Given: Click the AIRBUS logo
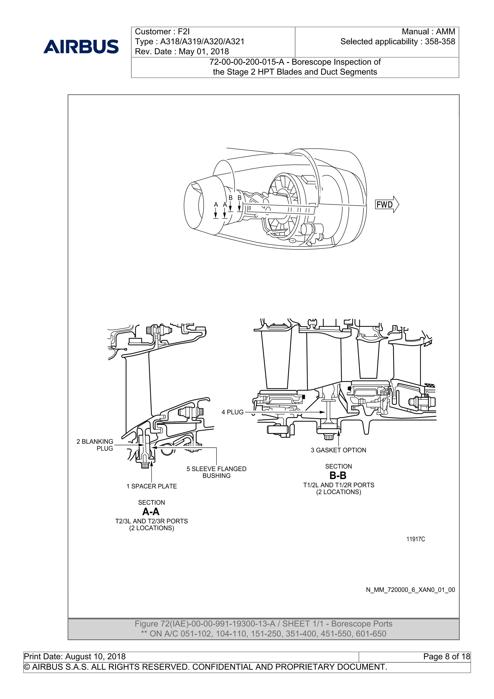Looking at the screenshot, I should [81, 47].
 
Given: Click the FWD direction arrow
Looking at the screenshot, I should [387, 204].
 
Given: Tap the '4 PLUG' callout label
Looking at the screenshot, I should [233, 412].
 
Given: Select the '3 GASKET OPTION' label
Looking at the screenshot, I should [338, 450].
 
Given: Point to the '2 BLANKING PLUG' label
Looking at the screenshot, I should [95, 445].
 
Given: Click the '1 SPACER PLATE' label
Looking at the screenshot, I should [151, 486].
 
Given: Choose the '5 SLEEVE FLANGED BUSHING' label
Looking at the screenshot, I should [216, 472].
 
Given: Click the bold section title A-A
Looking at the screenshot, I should [151, 511].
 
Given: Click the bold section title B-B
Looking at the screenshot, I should [338, 476].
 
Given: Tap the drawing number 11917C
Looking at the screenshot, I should [415, 539].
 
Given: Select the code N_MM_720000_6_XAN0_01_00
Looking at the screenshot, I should [410, 590].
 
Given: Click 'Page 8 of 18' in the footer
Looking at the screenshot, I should [446, 656].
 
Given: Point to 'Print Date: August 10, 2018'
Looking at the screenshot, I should [75, 656].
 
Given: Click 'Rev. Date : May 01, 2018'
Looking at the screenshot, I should [182, 51].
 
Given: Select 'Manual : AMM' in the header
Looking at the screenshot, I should [428, 32].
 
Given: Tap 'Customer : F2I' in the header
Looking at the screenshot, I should [162, 32].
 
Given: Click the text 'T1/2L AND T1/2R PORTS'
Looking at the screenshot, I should [338, 485].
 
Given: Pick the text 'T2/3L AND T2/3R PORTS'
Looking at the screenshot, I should [151, 521].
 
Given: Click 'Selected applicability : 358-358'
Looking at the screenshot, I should [398, 42].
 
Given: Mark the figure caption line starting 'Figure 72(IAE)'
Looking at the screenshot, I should [263, 624].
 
